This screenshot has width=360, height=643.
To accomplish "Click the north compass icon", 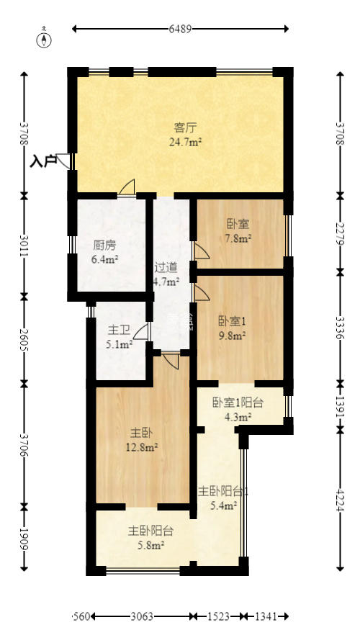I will tap(45, 37).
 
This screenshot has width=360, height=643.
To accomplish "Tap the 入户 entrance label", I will tap(43, 161).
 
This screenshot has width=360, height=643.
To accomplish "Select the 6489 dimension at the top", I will tap(180, 29).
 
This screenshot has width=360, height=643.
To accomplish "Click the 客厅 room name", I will tap(185, 128).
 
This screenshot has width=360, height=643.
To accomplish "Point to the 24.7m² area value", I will tap(185, 143).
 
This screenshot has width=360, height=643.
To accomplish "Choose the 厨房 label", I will tap(104, 244).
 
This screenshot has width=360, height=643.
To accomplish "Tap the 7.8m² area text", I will tap(238, 238).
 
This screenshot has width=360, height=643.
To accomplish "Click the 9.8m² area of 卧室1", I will tap(233, 335).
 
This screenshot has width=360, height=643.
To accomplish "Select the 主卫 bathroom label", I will tap(119, 331).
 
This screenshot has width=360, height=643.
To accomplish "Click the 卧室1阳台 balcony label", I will tap(237, 403).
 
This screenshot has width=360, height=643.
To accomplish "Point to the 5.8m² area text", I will tap(150, 545).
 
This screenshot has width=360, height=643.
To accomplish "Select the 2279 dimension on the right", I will tap(340, 232).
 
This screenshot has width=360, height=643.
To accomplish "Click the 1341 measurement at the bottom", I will tap(267, 617).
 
